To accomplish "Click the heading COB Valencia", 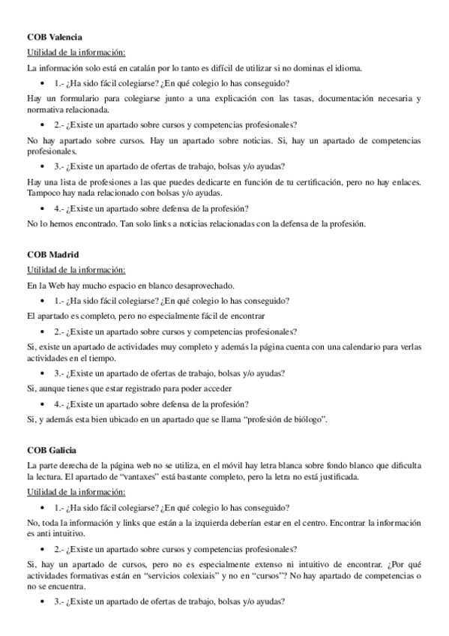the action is click(x=54, y=36).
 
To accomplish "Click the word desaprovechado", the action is click(x=202, y=286).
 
